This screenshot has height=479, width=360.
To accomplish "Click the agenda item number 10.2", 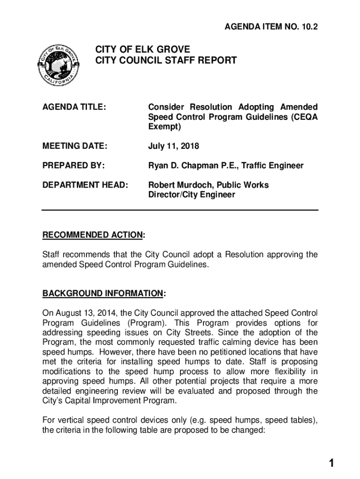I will click(x=307, y=28).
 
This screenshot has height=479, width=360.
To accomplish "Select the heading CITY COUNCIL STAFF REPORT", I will click(x=166, y=60).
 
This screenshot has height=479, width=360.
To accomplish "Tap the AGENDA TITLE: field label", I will click(x=74, y=107).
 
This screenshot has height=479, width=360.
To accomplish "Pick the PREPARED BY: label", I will click(x=73, y=166).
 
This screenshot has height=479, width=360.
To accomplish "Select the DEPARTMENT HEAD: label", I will click(x=85, y=185).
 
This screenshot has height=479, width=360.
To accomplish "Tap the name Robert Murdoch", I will click(x=179, y=185).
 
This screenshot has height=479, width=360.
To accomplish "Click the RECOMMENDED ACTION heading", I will click(x=93, y=234).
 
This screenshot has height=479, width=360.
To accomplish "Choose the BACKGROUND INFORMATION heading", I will click(x=103, y=293).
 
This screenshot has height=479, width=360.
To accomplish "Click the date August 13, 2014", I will click(x=86, y=312).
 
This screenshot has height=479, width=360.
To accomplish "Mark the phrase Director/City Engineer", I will click(x=192, y=195).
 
